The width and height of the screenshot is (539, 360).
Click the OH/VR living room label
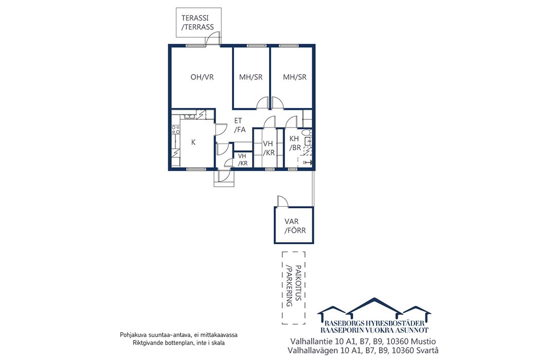point(202,77)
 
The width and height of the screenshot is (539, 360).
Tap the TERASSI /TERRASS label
point(197,22)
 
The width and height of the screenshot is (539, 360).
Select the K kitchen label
point(193,142)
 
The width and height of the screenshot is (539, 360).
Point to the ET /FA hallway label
point(240,125)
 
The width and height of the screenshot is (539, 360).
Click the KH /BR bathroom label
point(295,143)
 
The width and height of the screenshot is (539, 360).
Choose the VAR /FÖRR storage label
point(295,226)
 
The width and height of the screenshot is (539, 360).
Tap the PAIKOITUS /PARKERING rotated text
point(294,286)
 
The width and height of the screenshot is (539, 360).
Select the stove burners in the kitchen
point(176,130)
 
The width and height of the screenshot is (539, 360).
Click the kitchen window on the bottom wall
point(196,169)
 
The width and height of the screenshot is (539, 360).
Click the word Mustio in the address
point(424,342)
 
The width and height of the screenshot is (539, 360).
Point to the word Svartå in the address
point(427,351)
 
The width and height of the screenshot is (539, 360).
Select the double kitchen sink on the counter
point(189,117)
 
